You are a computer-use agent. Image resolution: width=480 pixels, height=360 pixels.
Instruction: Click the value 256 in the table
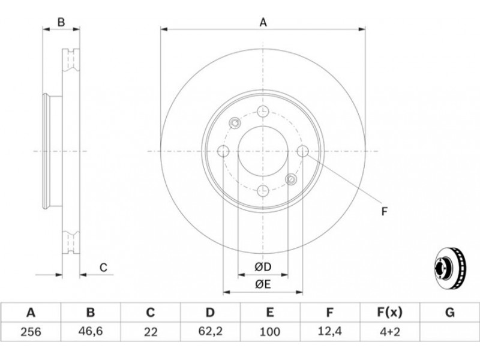(x=31, y=332)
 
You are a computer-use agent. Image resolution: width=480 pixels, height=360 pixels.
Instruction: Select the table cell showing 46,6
(x=91, y=332)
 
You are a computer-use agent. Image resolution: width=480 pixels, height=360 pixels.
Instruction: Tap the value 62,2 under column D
(x=209, y=331)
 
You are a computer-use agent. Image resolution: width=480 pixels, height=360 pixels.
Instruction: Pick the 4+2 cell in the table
(x=389, y=332)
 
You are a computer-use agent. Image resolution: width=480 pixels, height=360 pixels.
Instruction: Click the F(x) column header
(x=389, y=313)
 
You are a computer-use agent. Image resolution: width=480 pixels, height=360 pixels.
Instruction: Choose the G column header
(x=449, y=313)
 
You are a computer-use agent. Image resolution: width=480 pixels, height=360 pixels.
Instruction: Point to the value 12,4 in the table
(x=329, y=331)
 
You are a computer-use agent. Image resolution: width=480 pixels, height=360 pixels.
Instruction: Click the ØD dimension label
(x=263, y=267)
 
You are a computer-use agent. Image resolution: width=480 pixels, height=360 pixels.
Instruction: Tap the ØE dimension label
(x=263, y=284)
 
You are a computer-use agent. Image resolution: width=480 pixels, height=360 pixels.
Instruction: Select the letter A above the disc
(x=263, y=22)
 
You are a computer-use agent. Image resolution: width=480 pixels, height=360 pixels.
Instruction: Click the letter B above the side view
(x=61, y=22)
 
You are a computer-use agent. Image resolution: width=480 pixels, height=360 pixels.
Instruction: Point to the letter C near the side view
(x=103, y=267)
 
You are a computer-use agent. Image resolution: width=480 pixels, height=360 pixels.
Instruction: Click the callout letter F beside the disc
(x=385, y=211)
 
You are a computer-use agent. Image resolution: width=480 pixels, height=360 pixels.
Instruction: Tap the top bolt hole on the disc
(x=263, y=111)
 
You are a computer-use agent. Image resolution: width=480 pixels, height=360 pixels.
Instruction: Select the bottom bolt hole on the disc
(x=263, y=191)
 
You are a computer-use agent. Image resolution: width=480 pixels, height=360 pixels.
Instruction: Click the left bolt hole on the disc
(x=223, y=151)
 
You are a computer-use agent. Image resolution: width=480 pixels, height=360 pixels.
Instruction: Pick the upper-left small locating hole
(x=235, y=123)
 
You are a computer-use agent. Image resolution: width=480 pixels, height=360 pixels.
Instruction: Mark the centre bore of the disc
(x=263, y=151)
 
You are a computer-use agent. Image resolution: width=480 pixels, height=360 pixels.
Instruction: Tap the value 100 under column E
(x=269, y=332)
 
